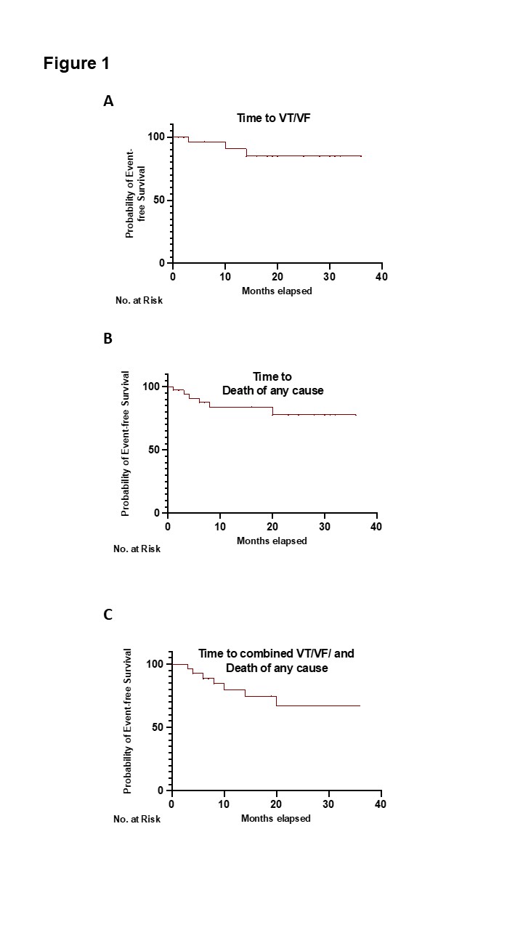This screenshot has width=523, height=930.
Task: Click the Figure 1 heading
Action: tap(76, 63)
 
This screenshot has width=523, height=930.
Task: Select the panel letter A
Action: tap(108, 101)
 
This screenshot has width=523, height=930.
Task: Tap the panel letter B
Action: tap(108, 339)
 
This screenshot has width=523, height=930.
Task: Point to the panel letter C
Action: tap(108, 614)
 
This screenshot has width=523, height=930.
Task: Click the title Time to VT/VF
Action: tap(274, 118)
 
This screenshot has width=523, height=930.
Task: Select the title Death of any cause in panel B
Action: tap(272, 390)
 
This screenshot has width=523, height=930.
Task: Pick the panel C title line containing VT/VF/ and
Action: tap(276, 653)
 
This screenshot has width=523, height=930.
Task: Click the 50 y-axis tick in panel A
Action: tap(159, 200)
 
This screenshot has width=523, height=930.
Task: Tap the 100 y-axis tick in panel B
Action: tap(150, 387)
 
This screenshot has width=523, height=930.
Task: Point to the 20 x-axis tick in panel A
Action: tap(277, 277)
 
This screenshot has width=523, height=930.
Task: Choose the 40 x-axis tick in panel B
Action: tap(376, 527)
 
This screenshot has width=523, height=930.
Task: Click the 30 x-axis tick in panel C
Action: tap(328, 804)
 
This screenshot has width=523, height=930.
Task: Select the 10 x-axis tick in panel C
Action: tap(224, 804)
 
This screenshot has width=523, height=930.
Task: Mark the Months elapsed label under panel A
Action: tap(277, 291)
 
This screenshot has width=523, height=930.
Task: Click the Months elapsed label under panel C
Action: tap(275, 818)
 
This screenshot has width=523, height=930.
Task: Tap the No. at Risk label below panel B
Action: tap(137, 549)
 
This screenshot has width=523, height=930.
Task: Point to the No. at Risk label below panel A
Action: tap(139, 300)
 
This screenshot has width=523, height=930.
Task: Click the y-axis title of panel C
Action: tap(127, 721)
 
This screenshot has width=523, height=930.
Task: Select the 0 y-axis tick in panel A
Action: tap(162, 263)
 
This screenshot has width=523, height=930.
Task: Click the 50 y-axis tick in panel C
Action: tap(158, 727)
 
